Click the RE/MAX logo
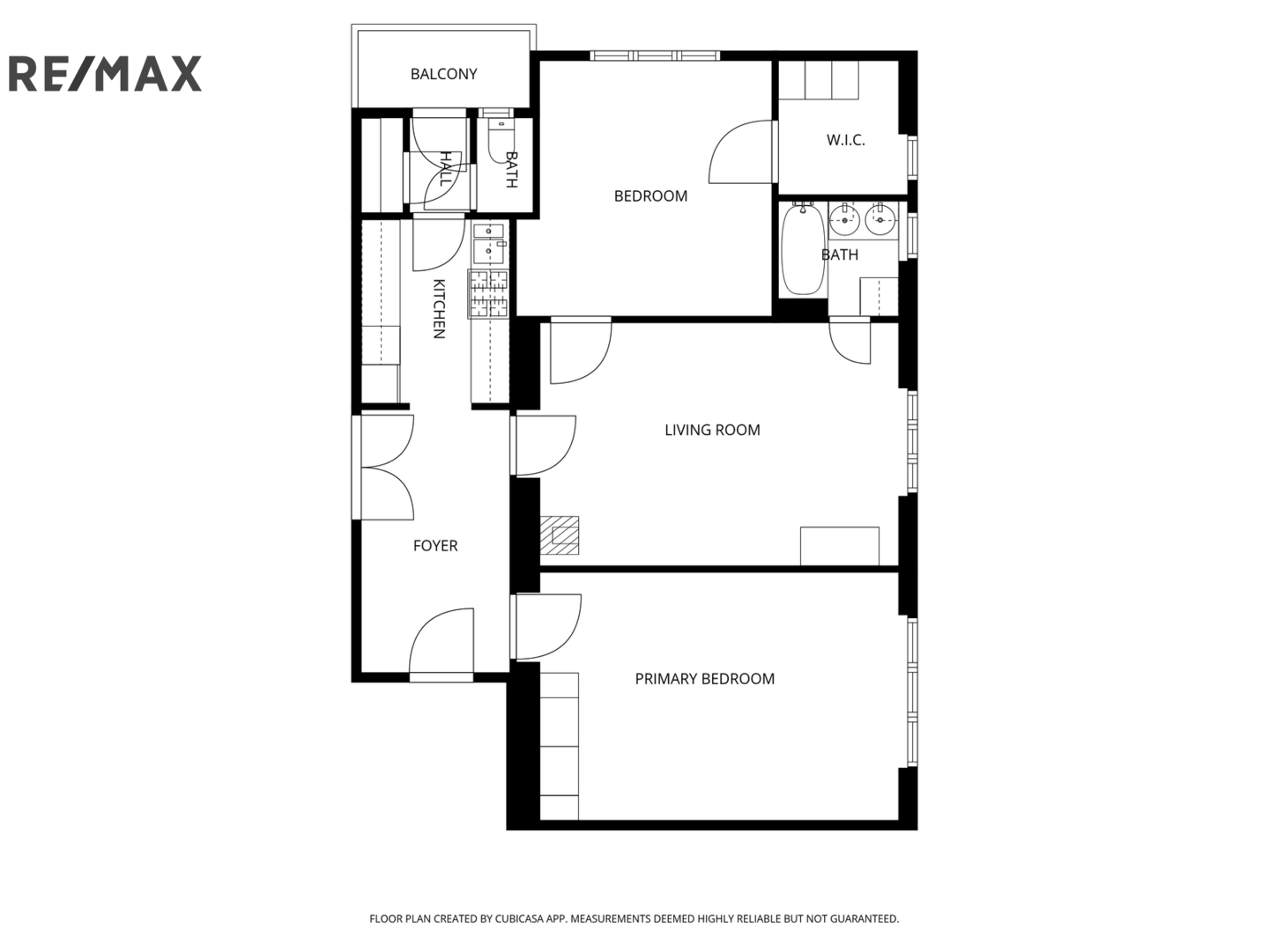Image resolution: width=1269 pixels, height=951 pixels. (105, 74)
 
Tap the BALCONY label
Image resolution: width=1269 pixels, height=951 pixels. (443, 74)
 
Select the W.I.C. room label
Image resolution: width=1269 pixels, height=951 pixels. (845, 140)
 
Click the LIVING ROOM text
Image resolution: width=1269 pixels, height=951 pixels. (712, 430)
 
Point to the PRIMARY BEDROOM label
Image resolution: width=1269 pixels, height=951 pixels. (705, 678)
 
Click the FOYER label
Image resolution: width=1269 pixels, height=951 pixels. (435, 546)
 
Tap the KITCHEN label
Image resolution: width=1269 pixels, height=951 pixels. (440, 309)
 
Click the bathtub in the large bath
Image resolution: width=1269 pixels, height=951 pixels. (803, 250)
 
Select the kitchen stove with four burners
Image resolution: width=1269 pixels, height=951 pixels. (489, 294)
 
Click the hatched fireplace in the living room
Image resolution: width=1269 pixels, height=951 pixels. (560, 535)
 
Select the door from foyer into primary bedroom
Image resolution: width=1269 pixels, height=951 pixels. (546, 627)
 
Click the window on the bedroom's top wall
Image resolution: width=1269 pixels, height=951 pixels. (655, 55)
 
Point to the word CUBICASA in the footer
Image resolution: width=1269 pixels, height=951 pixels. (520, 918)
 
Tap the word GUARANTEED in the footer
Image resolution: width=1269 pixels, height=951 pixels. (865, 918)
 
